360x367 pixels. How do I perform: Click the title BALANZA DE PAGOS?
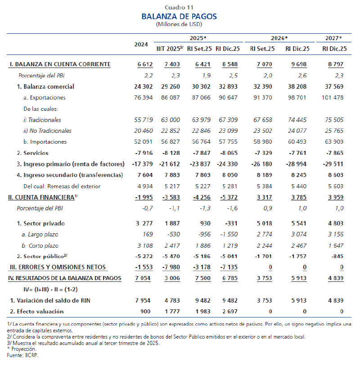coord(179,17)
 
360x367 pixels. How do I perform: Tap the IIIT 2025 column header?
coord(169,49)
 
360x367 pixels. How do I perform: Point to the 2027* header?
coord(333,38)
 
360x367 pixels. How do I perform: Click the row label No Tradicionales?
coord(47,131)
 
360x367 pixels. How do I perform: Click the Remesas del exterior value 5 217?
coord(170,186)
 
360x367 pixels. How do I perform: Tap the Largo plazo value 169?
coord(147,234)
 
